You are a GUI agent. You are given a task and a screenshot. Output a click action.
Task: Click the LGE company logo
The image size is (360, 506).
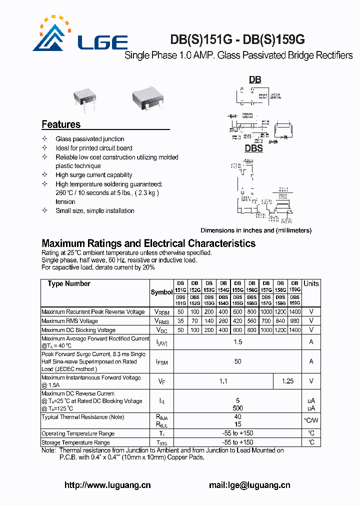[x=80, y=36]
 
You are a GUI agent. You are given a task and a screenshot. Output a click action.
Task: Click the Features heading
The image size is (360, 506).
[x=61, y=124]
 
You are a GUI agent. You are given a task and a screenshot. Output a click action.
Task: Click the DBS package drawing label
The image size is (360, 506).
[x=253, y=148]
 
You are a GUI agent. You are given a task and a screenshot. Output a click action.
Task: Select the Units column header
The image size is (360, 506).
[x=311, y=283]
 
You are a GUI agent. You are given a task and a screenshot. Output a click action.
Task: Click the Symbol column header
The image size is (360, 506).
[x=161, y=292]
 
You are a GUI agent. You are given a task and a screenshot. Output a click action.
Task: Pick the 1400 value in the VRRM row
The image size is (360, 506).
[x=295, y=312]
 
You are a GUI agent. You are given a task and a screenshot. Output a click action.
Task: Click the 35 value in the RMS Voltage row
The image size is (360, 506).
[x=180, y=321]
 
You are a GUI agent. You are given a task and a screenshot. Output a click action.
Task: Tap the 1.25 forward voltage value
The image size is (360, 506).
[x=287, y=381]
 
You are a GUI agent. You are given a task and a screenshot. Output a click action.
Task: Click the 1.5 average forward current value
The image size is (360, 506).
[x=237, y=342]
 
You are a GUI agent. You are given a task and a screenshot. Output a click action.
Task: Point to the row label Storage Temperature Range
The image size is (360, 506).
[x=75, y=442]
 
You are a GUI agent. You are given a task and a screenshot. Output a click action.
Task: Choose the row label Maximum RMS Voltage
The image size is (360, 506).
[x=69, y=321]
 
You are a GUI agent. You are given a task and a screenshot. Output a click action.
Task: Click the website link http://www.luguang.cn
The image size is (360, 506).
[x=107, y=485]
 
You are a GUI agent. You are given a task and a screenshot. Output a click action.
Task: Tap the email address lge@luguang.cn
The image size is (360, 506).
[x=249, y=485]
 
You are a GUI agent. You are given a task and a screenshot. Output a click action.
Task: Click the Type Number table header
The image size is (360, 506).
[x=69, y=284]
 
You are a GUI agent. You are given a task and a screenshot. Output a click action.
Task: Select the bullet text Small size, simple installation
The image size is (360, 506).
[x=95, y=210]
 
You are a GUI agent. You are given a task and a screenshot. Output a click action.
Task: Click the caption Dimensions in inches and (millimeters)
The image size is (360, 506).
[x=256, y=230]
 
